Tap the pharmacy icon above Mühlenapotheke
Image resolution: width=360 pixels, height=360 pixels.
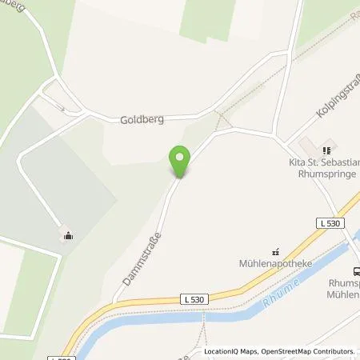(277, 250)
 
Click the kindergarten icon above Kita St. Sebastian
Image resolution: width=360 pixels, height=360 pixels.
(326, 150)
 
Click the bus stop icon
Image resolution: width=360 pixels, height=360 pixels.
(354, 271)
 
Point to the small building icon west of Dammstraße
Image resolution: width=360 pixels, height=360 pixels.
(68, 235)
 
